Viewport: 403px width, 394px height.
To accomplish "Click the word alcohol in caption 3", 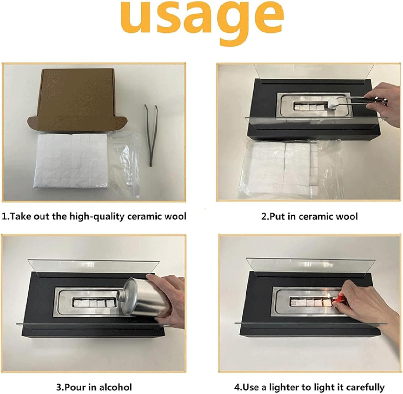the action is [116, 387].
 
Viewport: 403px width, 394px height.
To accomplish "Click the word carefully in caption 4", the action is [365, 387].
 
